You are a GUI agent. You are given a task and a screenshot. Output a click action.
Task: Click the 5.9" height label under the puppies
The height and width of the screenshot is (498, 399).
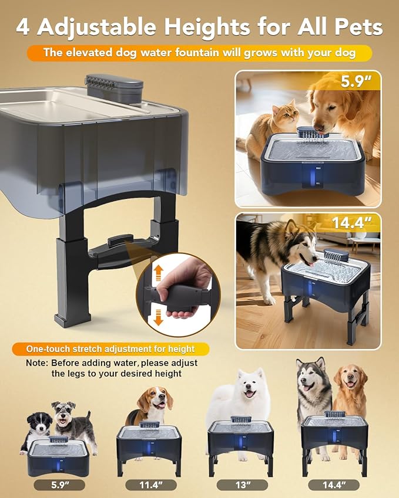[x=59, y=485]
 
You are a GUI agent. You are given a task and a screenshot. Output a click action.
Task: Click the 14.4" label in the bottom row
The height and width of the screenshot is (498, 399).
[x=333, y=485]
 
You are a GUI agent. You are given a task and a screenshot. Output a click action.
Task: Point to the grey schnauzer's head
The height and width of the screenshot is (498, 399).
[x=63, y=412]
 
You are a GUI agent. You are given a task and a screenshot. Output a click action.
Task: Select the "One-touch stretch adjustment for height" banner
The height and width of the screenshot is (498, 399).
[x=110, y=349]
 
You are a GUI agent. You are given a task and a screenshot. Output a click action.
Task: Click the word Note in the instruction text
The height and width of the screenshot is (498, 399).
[x=37, y=363]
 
